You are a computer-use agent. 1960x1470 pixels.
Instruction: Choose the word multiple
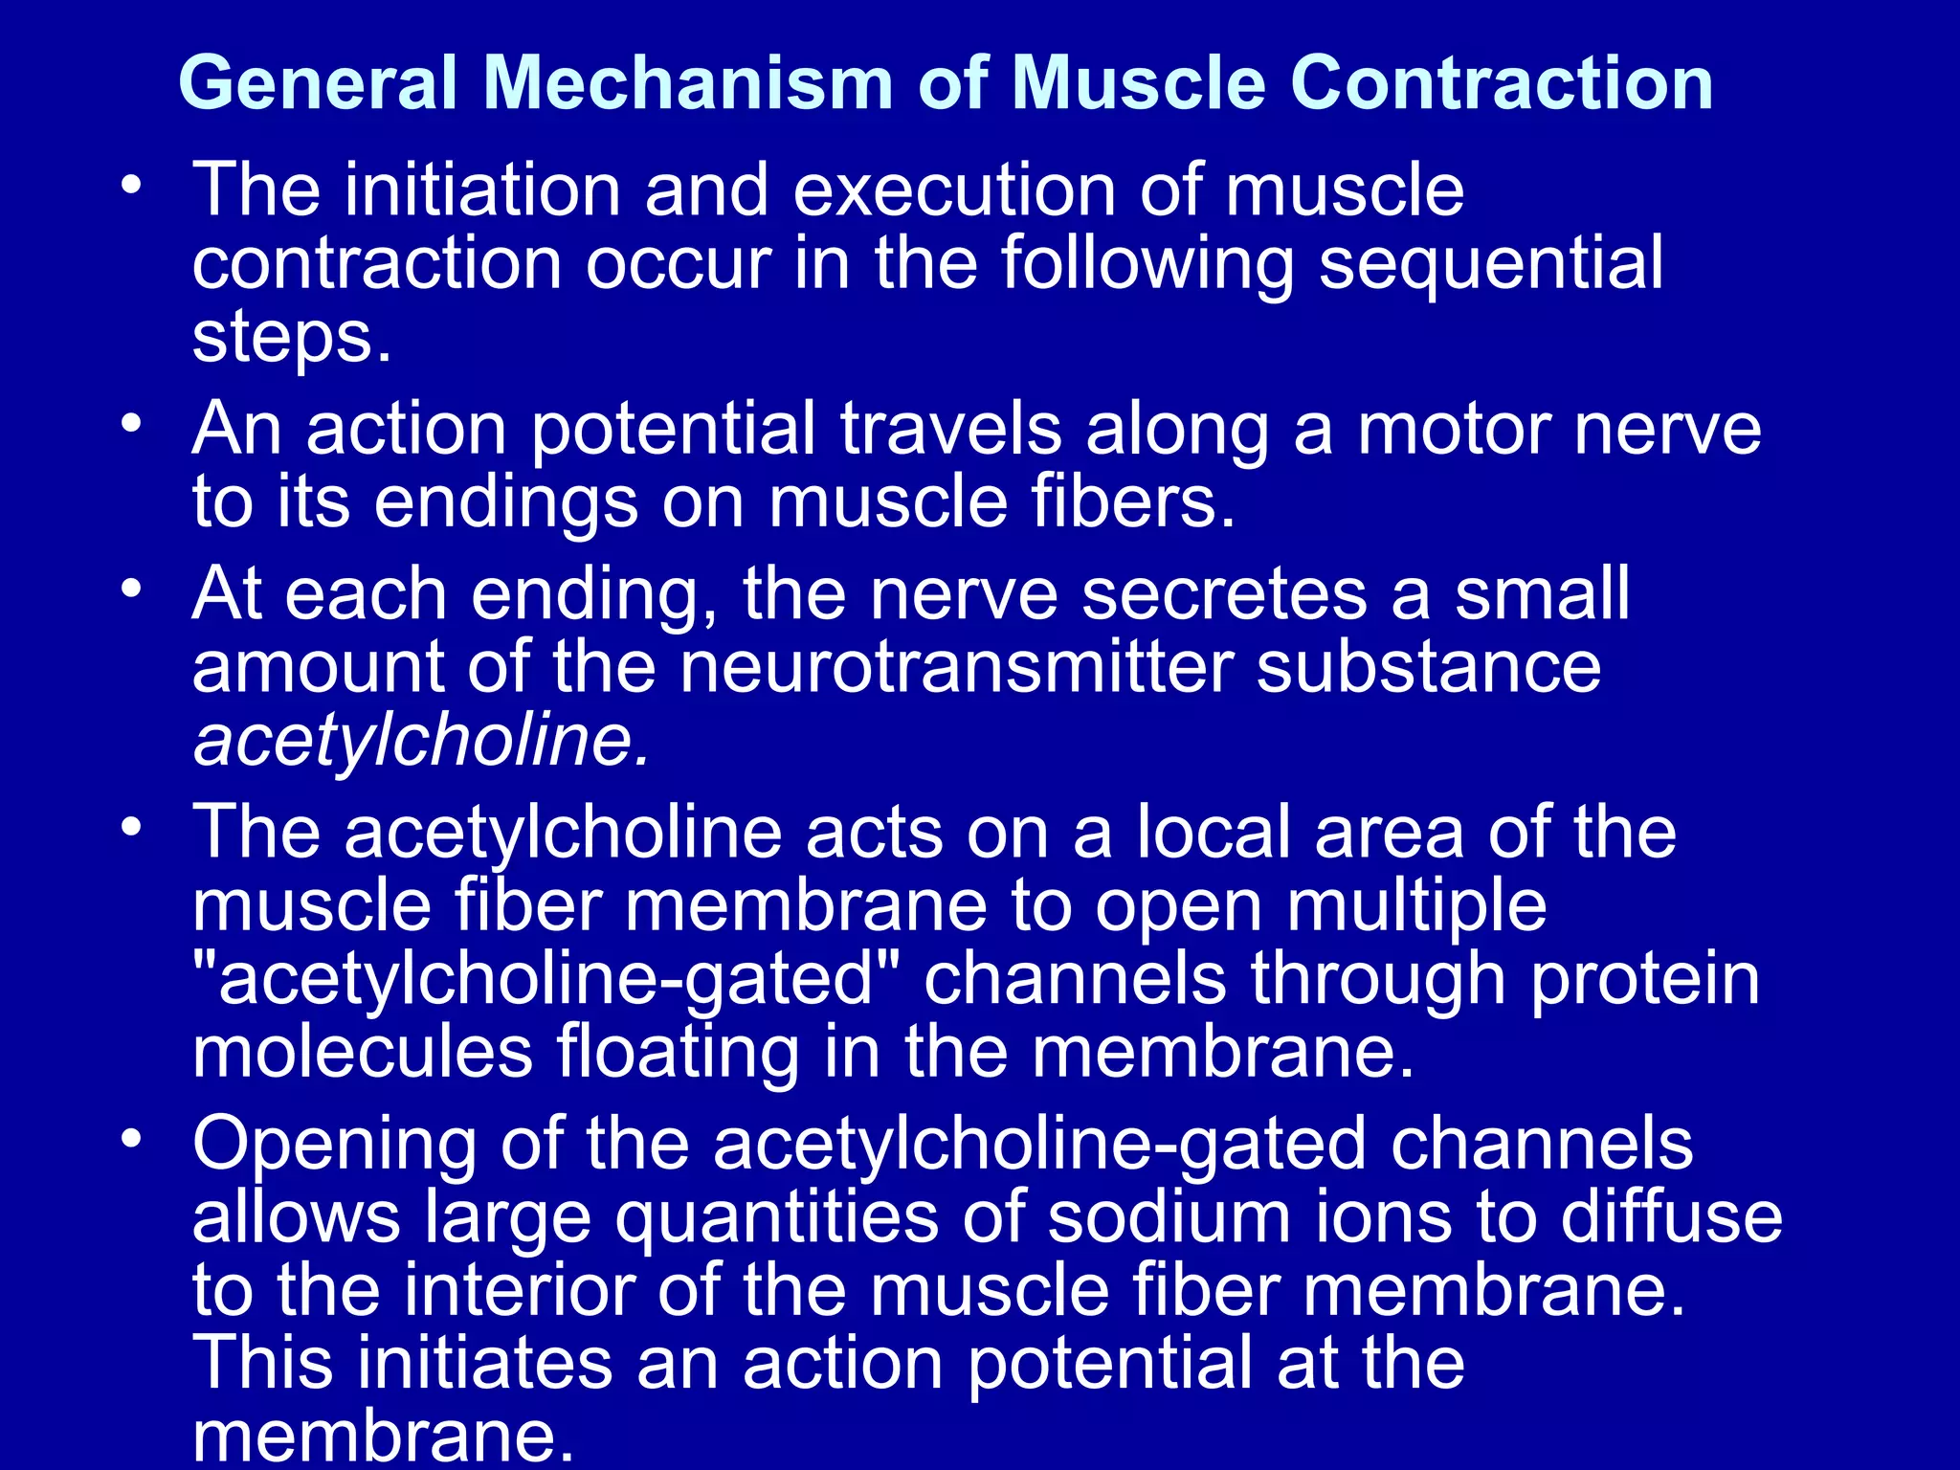(x=1416, y=905)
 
